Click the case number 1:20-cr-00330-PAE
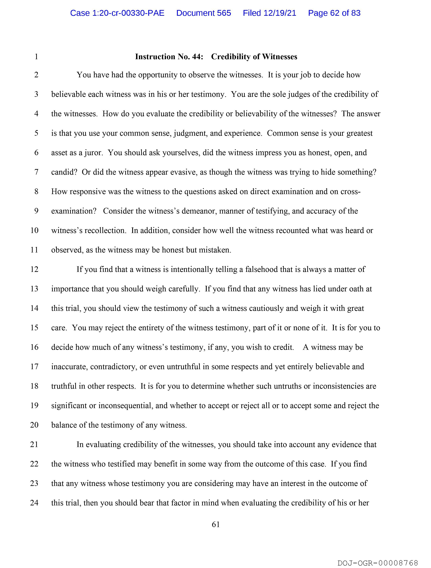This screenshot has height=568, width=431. (x=117, y=13)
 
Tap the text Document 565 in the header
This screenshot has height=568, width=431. (x=203, y=13)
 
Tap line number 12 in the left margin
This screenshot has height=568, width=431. (x=34, y=269)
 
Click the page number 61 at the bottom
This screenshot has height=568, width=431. (x=215, y=524)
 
